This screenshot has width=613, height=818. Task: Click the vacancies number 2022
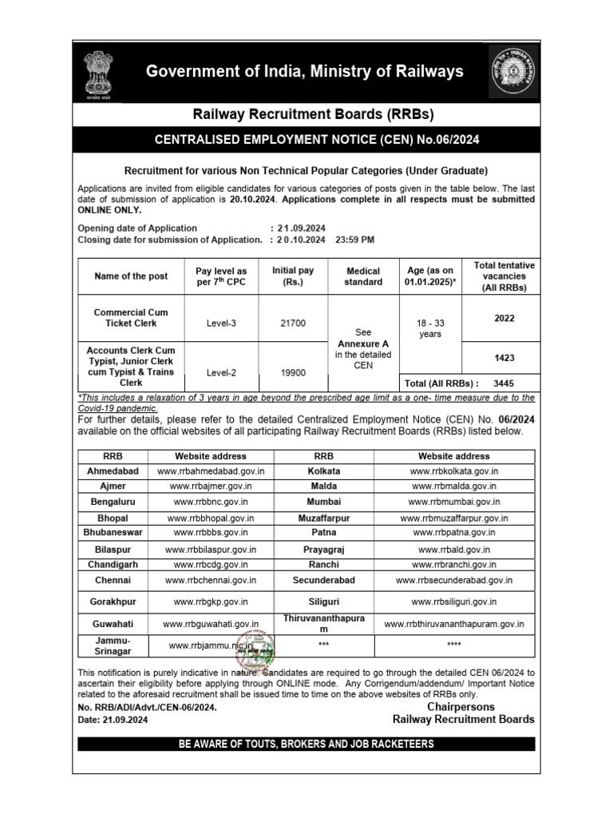click(x=504, y=317)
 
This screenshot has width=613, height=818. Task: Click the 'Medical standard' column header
click(x=363, y=276)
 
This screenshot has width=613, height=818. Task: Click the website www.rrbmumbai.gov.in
click(x=453, y=502)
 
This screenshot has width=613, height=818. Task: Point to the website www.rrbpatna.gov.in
click(x=453, y=531)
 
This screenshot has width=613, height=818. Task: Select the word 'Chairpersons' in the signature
click(x=461, y=707)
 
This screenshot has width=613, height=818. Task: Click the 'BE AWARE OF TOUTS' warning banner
click(x=306, y=744)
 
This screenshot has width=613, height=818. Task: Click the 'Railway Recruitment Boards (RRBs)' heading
click(x=306, y=113)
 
